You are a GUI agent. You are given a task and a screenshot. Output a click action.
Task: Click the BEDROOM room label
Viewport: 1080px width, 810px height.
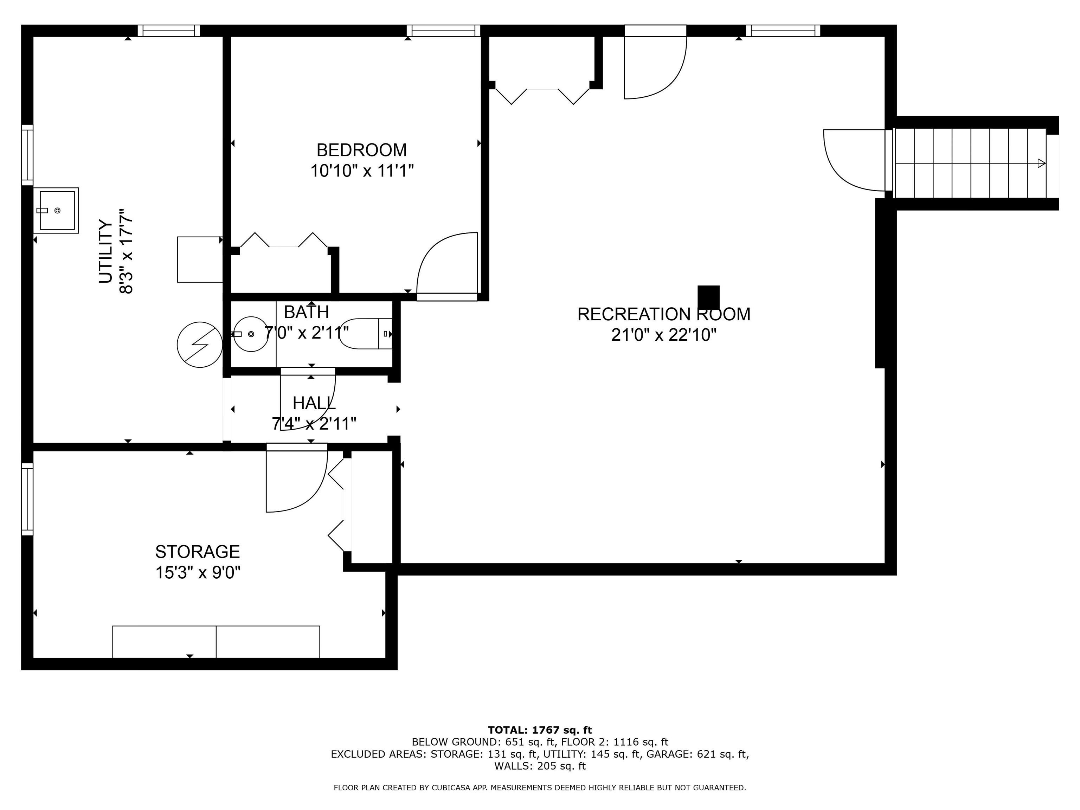[361, 149]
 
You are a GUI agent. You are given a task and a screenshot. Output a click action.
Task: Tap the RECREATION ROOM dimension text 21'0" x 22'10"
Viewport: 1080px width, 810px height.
[664, 335]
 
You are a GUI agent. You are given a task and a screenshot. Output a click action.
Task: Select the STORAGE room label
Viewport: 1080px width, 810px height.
[197, 551]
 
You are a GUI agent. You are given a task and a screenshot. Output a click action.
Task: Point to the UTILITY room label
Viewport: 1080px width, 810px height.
[105, 251]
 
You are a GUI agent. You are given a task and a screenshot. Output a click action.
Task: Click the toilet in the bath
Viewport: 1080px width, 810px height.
[366, 334]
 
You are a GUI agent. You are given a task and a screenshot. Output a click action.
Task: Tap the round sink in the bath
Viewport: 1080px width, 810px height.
[251, 334]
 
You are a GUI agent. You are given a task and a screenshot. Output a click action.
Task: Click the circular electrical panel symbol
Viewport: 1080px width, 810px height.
[200, 344]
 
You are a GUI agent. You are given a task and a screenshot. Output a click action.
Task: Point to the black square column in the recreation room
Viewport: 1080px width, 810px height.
[708, 298]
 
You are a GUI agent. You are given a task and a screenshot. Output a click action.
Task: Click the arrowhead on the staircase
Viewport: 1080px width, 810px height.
[1041, 163]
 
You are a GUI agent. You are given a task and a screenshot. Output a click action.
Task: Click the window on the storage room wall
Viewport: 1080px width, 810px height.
[27, 499]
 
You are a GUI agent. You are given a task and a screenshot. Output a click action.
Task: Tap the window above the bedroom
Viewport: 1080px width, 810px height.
[443, 31]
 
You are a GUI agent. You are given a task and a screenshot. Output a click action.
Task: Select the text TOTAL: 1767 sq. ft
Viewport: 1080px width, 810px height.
[540, 730]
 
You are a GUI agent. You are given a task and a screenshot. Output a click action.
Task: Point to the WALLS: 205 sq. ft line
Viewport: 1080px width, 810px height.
[540, 766]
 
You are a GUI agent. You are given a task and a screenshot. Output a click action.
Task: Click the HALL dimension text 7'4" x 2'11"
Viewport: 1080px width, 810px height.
[314, 423]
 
